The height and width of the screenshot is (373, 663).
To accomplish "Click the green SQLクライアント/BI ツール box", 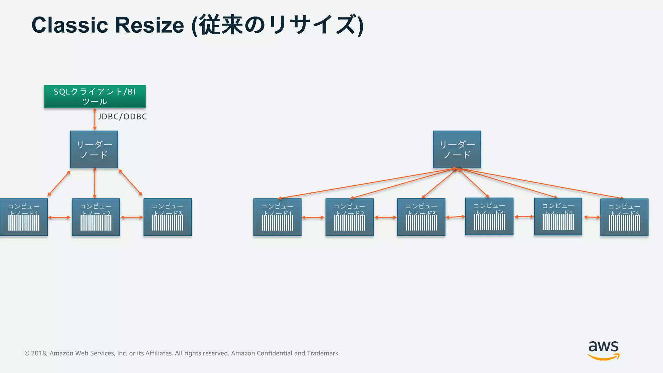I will click(95, 96).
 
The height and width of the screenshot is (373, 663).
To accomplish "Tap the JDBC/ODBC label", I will click(122, 117).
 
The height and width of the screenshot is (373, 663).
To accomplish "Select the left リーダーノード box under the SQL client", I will click(94, 149).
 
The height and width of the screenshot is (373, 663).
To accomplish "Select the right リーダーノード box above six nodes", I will click(457, 149).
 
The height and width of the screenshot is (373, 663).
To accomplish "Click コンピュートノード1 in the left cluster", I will click(24, 217).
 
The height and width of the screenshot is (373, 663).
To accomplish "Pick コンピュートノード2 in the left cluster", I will click(96, 217).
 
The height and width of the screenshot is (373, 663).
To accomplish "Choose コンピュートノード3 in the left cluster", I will click(167, 217).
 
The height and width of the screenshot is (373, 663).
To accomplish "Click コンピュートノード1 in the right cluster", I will click(277, 217).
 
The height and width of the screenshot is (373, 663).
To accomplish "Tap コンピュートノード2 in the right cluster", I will click(350, 217).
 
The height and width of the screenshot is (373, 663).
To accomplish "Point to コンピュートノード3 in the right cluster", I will click(421, 217).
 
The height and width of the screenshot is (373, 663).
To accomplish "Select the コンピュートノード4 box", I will click(489, 216).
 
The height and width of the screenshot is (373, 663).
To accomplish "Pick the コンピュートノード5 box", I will click(558, 216).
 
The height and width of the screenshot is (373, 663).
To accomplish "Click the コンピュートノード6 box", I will click(624, 217).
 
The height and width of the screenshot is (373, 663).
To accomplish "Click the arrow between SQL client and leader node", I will click(95, 119).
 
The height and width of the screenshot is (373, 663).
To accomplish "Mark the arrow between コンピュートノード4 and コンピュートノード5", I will click(524, 217).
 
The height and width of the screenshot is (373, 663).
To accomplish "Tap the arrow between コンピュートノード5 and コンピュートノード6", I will click(591, 217).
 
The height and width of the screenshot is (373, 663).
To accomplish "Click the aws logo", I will click(603, 350).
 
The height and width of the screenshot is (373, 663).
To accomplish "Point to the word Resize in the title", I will click(150, 25).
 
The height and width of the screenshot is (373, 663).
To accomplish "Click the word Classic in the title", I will click(70, 25).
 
